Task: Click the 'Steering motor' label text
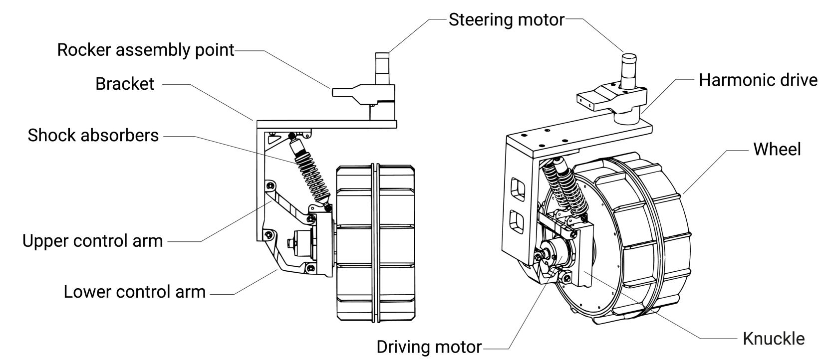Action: [506, 20]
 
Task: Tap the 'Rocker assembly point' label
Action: [145, 50]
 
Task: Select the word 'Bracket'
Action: [125, 84]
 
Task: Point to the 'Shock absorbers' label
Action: [93, 135]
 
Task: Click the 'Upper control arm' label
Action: [93, 241]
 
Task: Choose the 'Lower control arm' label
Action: [134, 292]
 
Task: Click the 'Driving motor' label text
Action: [429, 347]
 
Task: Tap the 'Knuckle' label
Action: [774, 339]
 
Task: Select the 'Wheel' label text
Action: [777, 149]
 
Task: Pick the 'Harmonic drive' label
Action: [758, 80]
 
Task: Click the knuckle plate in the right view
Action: [583, 254]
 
